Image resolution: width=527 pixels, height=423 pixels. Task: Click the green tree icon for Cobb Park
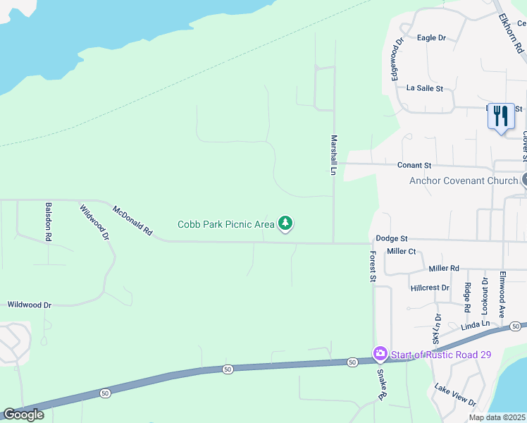pyautogui.click(x=285, y=223)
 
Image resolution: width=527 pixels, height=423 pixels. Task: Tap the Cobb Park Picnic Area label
pyautogui.click(x=225, y=225)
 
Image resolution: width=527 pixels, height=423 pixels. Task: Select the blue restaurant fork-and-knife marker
pyautogui.click(x=500, y=116)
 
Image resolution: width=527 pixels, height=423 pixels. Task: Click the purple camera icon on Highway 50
pyautogui.click(x=380, y=352)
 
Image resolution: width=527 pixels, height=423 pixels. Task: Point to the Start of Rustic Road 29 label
pyautogui.click(x=440, y=355)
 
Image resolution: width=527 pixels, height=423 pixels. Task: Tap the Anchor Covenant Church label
pyautogui.click(x=464, y=180)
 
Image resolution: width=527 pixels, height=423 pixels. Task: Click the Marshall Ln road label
pyautogui.click(x=334, y=155)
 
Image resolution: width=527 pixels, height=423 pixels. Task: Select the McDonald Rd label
pyautogui.click(x=133, y=220)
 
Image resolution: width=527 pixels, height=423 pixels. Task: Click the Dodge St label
pyautogui.click(x=392, y=239)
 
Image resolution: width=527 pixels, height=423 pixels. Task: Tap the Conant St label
pyautogui.click(x=414, y=165)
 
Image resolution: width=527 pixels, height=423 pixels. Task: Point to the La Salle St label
pyautogui.click(x=424, y=88)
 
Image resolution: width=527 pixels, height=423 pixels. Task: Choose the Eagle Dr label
pyautogui.click(x=432, y=37)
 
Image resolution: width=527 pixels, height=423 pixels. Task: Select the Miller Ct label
pyautogui.click(x=402, y=251)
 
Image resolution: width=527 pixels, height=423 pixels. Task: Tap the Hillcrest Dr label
pyautogui.click(x=430, y=288)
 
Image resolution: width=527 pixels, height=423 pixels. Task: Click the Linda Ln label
pyautogui.click(x=475, y=325)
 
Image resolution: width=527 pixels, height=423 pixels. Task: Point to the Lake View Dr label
pyautogui.click(x=455, y=395)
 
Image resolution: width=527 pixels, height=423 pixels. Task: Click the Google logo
pyautogui.click(x=23, y=415)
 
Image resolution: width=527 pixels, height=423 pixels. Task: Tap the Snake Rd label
pyautogui.click(x=382, y=384)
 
